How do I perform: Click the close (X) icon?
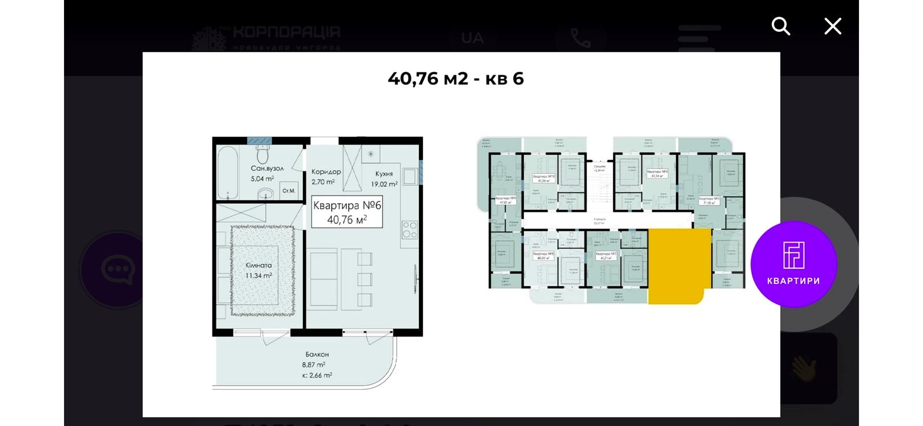pyautogui.click(x=832, y=26)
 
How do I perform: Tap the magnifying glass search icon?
pyautogui.click(x=781, y=26)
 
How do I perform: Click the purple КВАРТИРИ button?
pyautogui.click(x=793, y=264)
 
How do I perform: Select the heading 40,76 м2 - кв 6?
pyautogui.click(x=456, y=79)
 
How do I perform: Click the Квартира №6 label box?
pyautogui.click(x=347, y=212)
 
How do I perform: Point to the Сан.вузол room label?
pyautogui.click(x=267, y=173)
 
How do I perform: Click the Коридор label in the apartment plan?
pyautogui.click(x=326, y=176)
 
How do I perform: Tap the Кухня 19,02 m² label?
pyautogui.click(x=384, y=178)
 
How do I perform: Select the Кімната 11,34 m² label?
pyautogui.click(x=258, y=270)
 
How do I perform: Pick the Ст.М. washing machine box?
pyautogui.click(x=288, y=190)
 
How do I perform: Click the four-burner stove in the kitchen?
pyautogui.click(x=410, y=230)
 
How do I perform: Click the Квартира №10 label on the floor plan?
pyautogui.click(x=543, y=178)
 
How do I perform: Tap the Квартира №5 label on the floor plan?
pyautogui.click(x=709, y=201)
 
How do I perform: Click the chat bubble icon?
pyautogui.click(x=117, y=269)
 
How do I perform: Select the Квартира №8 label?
pyautogui.click(x=543, y=256)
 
